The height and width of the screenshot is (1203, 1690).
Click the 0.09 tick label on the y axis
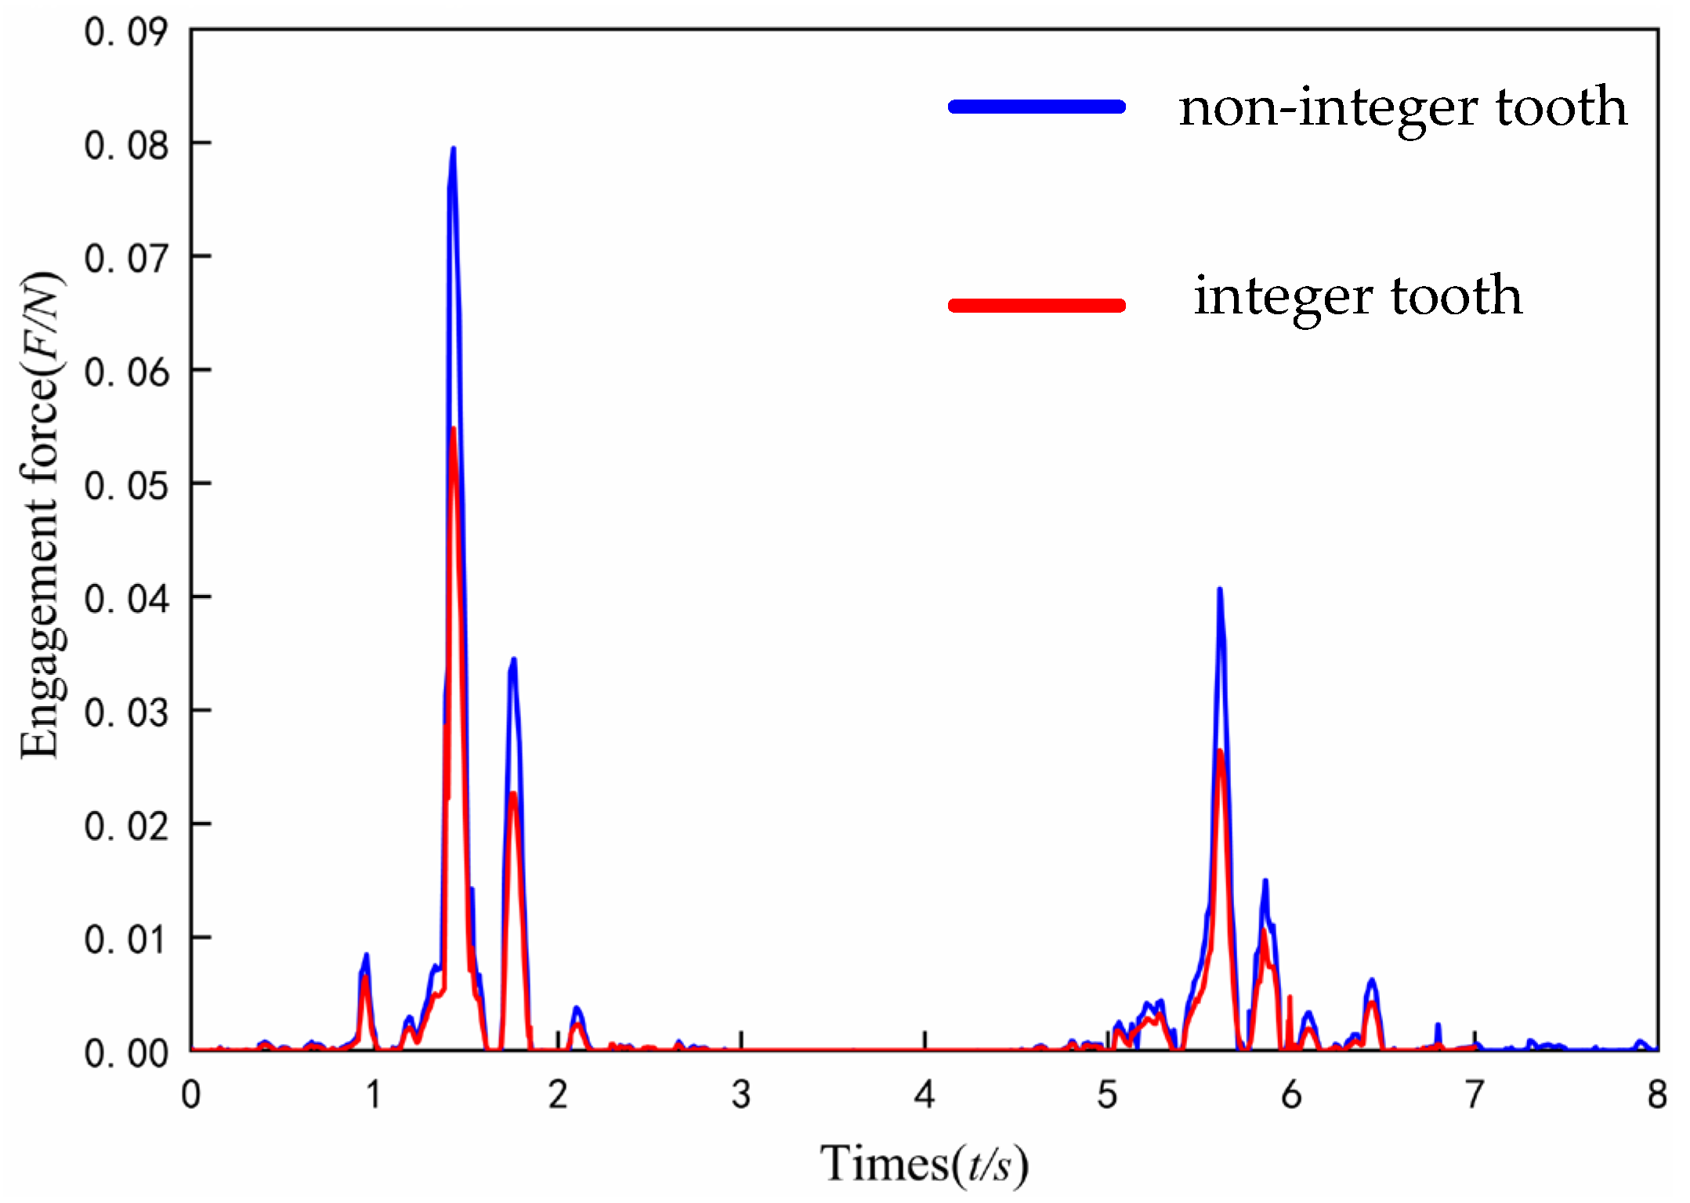[x=125, y=33]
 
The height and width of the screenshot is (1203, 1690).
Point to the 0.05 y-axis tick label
[x=125, y=486]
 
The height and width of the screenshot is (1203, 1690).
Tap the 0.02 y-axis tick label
[x=125, y=827]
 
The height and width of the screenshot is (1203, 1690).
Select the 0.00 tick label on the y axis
[x=125, y=1053]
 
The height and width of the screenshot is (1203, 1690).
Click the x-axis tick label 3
[x=741, y=1095]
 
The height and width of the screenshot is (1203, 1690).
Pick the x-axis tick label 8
[x=1656, y=1095]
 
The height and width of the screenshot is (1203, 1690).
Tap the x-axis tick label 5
[x=1107, y=1095]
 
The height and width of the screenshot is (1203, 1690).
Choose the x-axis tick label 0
[x=191, y=1095]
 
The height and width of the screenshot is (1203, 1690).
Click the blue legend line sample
[x=1037, y=107]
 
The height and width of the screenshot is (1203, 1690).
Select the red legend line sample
[x=1037, y=305]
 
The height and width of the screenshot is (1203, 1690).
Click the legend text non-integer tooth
[x=1402, y=108]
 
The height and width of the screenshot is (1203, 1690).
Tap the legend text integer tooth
[x=1358, y=296]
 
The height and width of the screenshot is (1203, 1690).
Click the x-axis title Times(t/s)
[x=924, y=1163]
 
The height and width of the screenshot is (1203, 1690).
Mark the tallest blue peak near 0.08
[x=454, y=149]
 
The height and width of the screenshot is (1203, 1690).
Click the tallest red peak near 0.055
[x=454, y=429]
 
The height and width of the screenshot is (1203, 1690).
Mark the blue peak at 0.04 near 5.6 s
[x=1219, y=589]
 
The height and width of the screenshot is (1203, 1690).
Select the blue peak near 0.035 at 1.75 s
[x=514, y=660]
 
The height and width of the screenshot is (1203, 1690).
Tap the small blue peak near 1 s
[x=366, y=955]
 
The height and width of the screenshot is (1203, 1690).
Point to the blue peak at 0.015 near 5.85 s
[x=1265, y=881]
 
